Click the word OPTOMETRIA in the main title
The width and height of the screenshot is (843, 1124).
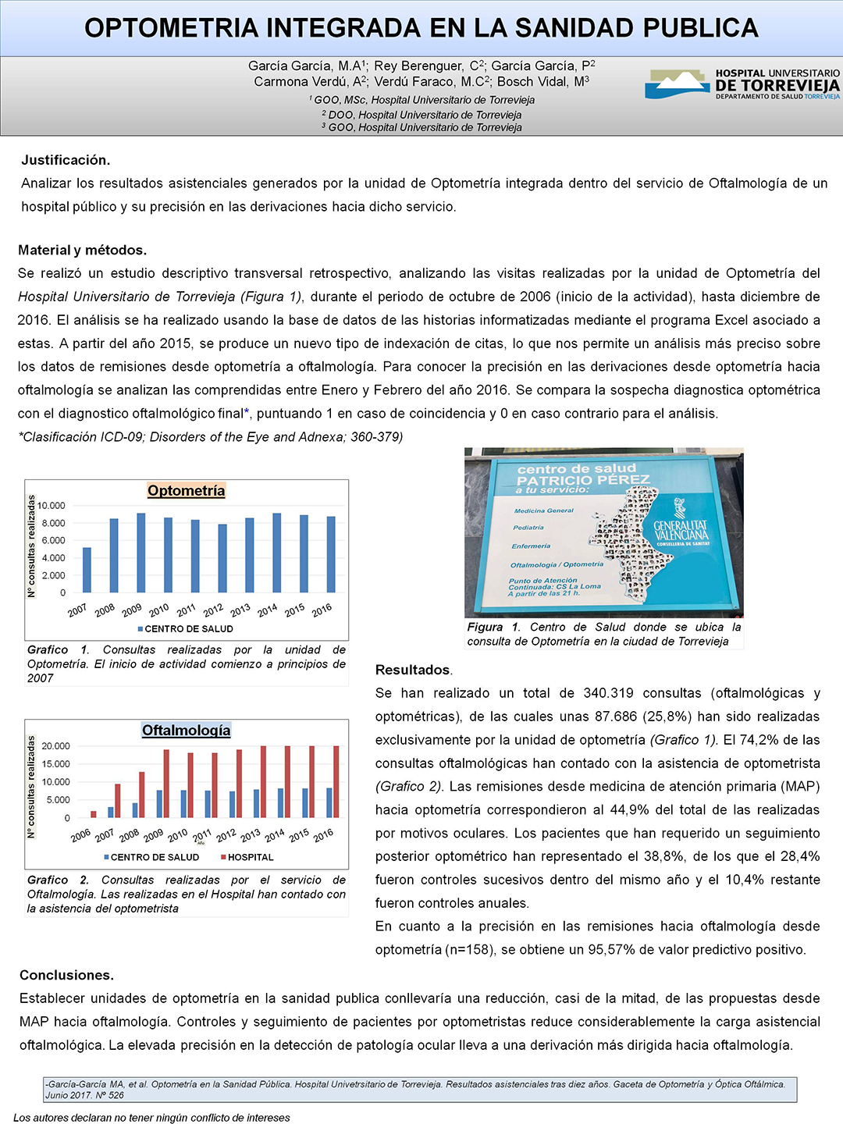tap(171, 28)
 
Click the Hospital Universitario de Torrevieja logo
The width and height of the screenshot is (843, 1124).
tap(742, 84)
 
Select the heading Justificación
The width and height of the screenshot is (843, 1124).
tap(66, 160)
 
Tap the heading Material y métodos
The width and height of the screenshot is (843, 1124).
tap(82, 250)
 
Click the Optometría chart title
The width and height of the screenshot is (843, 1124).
tap(187, 490)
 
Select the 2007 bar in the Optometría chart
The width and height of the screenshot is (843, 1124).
tap(87, 570)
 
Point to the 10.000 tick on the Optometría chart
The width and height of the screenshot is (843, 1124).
tap(52, 506)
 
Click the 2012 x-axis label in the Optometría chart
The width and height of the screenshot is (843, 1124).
tap(213, 610)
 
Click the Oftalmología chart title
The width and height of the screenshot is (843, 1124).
tap(187, 730)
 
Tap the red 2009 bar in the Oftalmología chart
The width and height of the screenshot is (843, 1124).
tap(166, 783)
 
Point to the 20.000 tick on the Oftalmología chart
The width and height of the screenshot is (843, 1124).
tap(55, 746)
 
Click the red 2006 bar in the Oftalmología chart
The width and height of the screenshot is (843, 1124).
tap(94, 814)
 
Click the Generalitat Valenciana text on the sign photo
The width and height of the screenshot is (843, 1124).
tap(681, 531)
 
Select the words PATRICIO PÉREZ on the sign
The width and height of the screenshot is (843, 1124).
tap(583, 480)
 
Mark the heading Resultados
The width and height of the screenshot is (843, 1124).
tap(413, 670)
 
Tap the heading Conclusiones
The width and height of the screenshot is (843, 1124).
tap(66, 975)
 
